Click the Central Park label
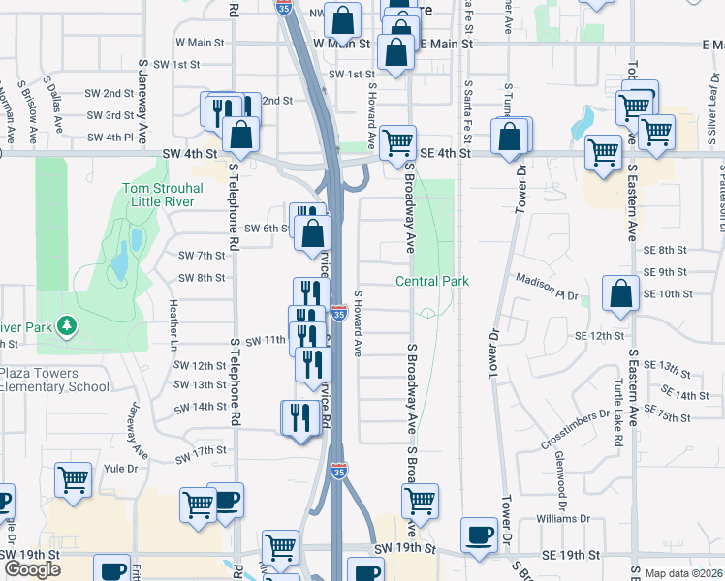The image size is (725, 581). pyautogui.click(x=432, y=281)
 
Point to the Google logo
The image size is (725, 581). pyautogui.click(x=31, y=568)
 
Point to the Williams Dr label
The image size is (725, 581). pyautogui.click(x=562, y=518)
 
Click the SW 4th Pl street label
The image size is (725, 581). pyautogui.click(x=110, y=138)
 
